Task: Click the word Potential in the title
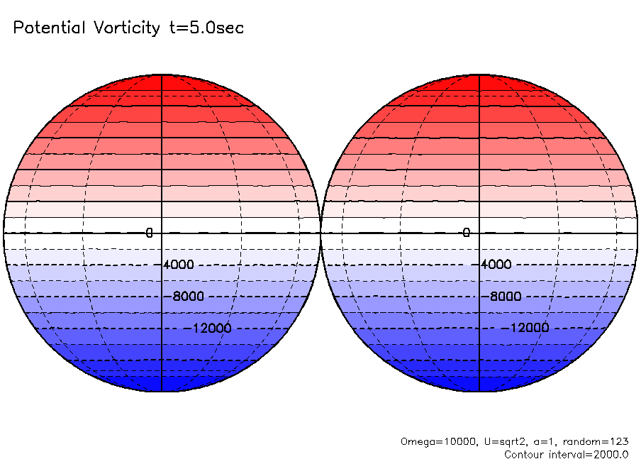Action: tap(48, 28)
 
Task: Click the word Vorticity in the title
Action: tap(126, 28)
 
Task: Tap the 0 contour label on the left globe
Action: tap(150, 233)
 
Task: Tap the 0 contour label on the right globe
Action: tap(467, 233)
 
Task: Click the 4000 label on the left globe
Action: tap(178, 265)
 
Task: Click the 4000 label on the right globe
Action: tap(496, 265)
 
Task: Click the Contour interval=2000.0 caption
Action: tap(567, 454)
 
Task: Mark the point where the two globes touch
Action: tap(320, 233)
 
